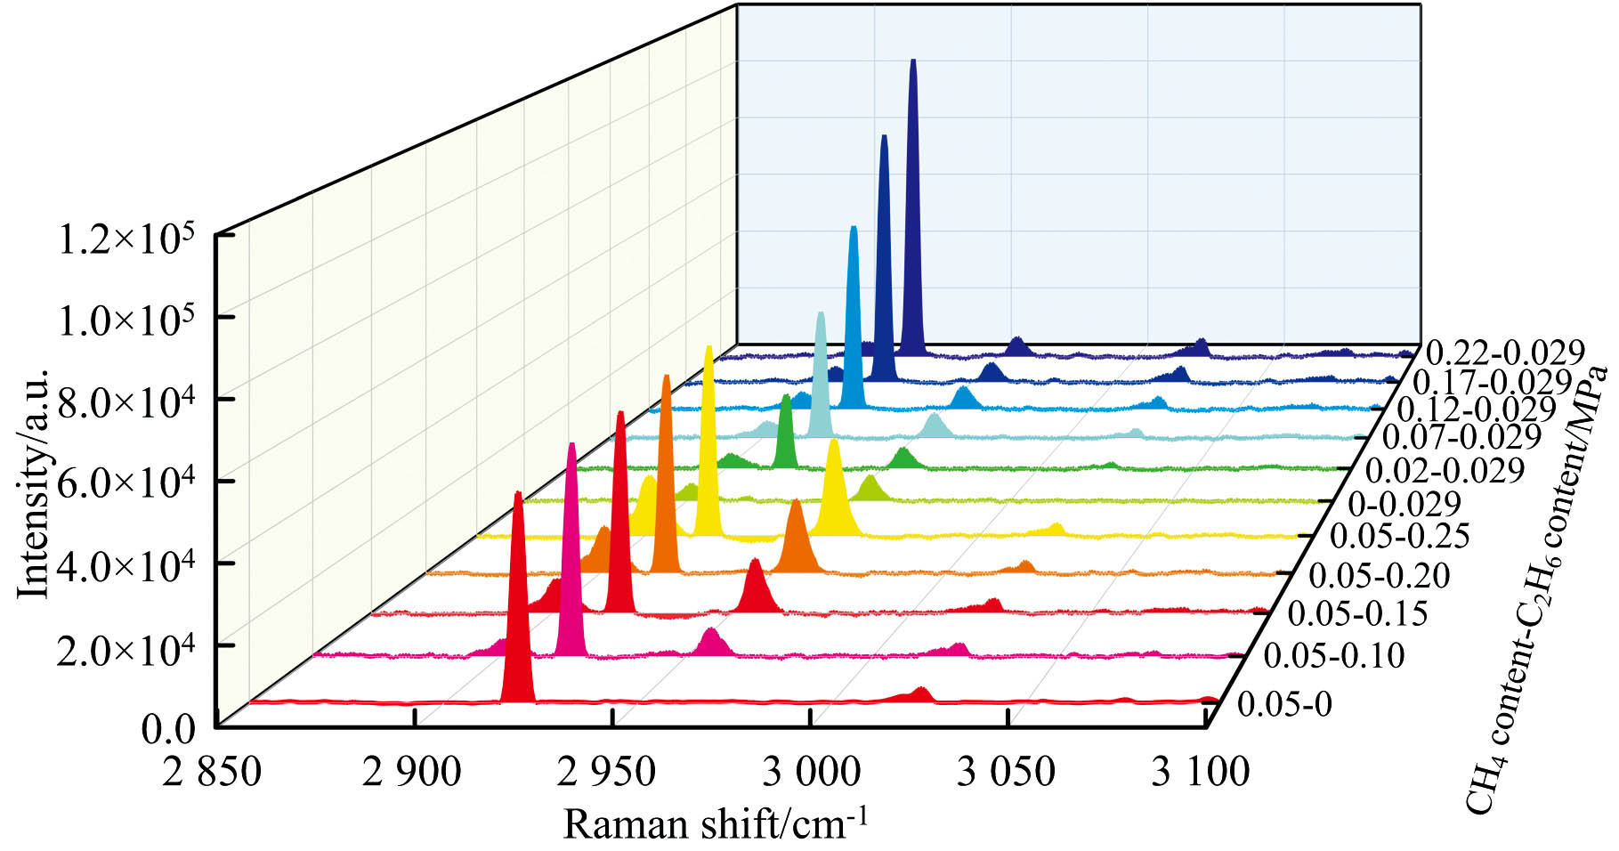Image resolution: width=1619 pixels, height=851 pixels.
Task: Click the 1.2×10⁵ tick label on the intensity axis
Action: tap(125, 240)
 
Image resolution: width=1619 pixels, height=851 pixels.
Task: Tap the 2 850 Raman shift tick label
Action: tap(212, 771)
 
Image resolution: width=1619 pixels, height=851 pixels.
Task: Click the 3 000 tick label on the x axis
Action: tap(811, 771)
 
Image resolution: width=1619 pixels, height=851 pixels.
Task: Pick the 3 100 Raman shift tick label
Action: tap(1200, 771)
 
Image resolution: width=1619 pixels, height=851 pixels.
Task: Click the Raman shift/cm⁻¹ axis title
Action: tap(715, 824)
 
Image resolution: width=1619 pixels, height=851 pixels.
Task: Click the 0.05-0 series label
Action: tap(1284, 704)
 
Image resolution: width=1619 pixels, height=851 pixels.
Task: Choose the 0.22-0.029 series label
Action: tap(1504, 353)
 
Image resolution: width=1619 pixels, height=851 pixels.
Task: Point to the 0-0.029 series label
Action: tap(1404, 504)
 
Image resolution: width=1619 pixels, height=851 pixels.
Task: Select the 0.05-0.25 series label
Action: tap(1398, 536)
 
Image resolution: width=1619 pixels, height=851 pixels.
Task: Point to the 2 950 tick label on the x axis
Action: tap(606, 771)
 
